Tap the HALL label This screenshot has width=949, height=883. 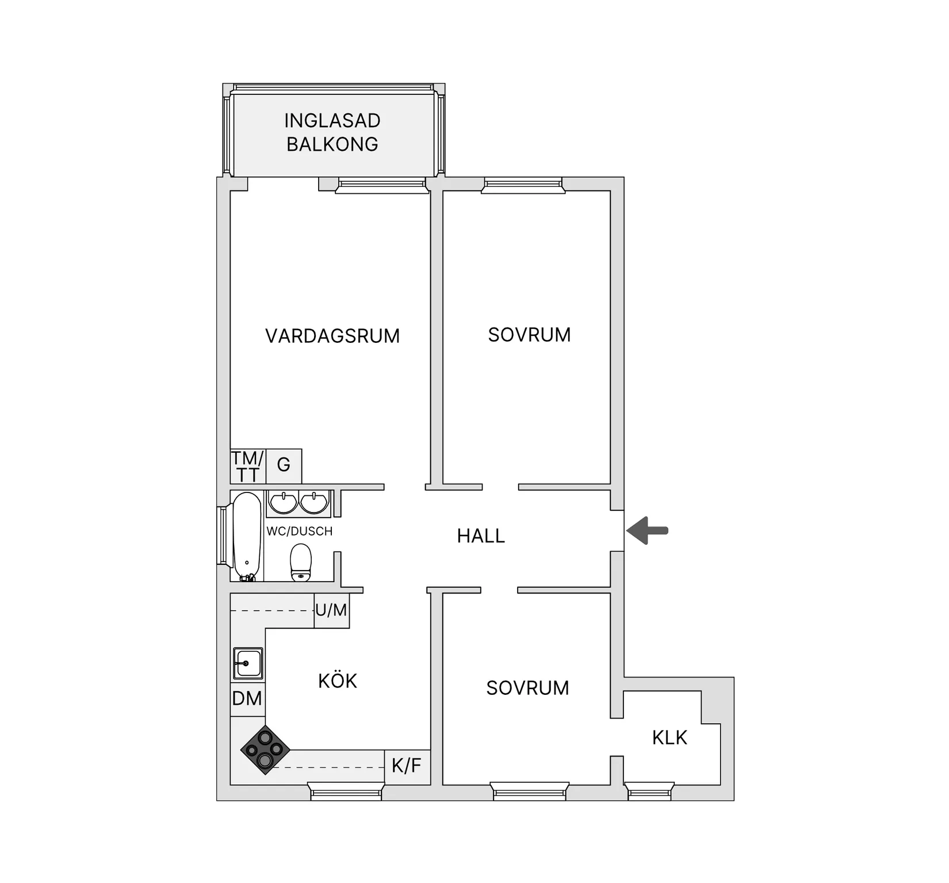(481, 536)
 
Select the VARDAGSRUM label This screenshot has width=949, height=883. (332, 336)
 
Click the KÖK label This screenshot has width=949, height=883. (338, 681)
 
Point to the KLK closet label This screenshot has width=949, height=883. (669, 737)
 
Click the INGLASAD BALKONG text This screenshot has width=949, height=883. (332, 132)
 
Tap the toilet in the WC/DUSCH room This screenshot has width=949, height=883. (301, 562)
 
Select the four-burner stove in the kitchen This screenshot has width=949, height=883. (265, 750)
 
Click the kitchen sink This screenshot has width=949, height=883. (248, 663)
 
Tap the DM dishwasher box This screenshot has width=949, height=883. (247, 699)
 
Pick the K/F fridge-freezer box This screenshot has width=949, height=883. (407, 766)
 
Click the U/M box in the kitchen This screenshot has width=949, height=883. (331, 610)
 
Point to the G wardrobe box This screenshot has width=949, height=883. (284, 465)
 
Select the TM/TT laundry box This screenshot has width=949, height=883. (247, 467)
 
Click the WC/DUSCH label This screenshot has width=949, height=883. (299, 532)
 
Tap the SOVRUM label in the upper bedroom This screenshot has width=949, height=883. (529, 335)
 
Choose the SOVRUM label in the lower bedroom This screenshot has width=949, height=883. (527, 688)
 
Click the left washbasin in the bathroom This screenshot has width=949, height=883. (283, 503)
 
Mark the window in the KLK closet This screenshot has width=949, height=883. (649, 792)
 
